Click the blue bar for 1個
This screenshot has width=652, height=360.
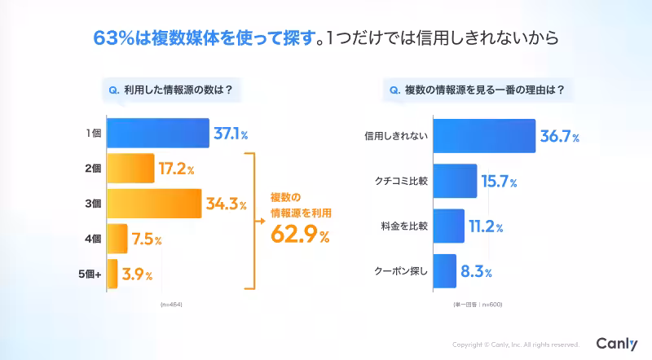pos(157,133)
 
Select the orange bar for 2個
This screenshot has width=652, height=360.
pos(130,169)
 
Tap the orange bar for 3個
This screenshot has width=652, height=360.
pos(154,204)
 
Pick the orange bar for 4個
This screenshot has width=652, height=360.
pos(117,239)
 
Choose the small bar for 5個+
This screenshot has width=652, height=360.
pos(112,273)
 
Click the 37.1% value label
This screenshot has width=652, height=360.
pos(231,134)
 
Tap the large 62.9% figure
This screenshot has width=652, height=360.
pos(299,237)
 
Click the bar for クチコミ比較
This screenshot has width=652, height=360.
pos(454,181)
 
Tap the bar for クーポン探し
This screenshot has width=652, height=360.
pos(443,270)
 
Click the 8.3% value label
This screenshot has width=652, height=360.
pos(476,271)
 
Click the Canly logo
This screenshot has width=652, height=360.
pos(616,344)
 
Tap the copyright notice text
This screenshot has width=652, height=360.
pos(515,345)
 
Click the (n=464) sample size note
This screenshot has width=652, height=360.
pos(172,303)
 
